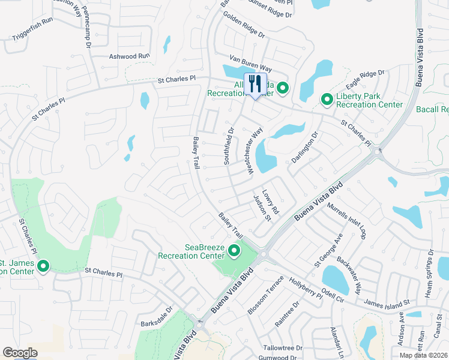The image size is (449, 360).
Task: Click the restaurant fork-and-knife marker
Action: pos(255,84)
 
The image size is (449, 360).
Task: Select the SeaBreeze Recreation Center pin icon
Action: pos(234,251)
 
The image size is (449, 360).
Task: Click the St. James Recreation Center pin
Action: pos(43,266)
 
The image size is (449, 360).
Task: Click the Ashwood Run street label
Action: pos(129,56)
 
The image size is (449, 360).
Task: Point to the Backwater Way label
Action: pos(349,275)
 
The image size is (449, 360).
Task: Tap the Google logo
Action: pos(20,353)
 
